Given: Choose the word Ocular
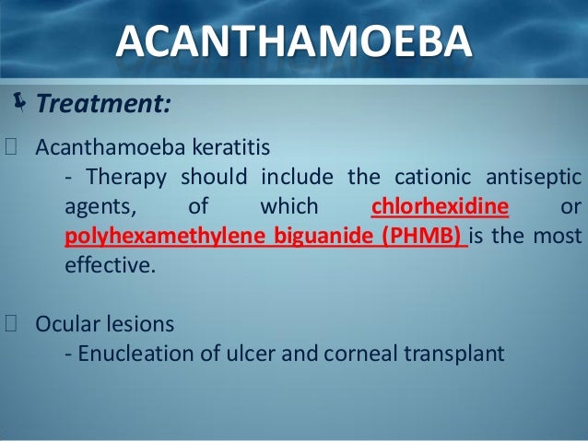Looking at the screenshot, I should pos(66,323).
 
